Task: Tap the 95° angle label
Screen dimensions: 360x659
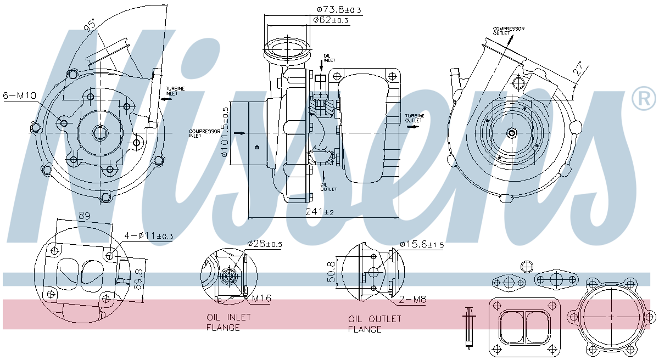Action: click(89, 24)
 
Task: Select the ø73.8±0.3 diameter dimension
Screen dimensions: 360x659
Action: click(339, 9)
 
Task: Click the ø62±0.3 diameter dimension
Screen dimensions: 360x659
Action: click(331, 20)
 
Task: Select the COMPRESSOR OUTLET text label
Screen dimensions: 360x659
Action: click(508, 31)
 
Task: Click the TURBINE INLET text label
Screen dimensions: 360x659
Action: click(175, 91)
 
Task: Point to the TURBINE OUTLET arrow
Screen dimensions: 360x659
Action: click(412, 126)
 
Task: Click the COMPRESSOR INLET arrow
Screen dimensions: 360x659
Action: click(239, 133)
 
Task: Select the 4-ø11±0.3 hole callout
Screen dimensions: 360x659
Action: click(148, 237)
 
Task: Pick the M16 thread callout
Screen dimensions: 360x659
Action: click(261, 299)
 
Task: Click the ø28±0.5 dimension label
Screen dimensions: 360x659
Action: click(264, 244)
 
